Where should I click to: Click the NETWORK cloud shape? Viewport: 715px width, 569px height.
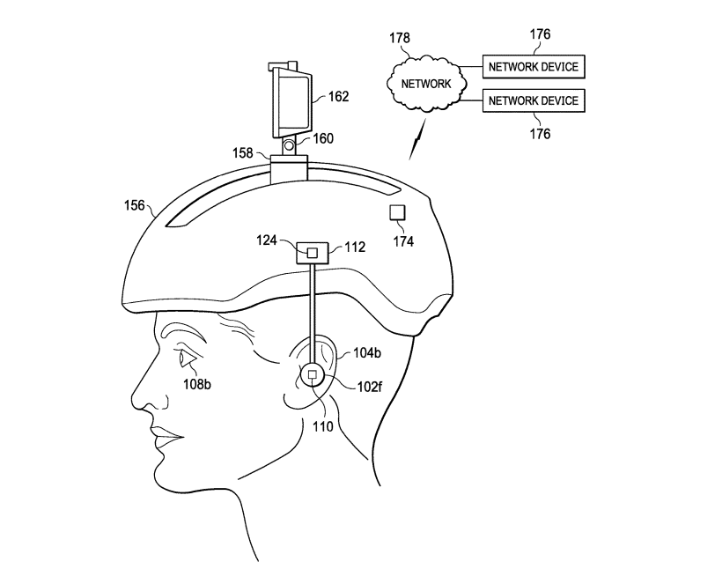tap(426, 84)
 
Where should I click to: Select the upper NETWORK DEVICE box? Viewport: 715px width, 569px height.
tap(534, 67)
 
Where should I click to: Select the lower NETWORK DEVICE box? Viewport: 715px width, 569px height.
tap(534, 100)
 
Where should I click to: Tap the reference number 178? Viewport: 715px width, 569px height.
tap(400, 38)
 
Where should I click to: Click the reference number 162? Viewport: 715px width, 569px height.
tap(338, 97)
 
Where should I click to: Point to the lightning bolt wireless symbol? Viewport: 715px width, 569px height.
tap(417, 139)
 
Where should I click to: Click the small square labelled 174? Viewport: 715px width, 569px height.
tap(397, 212)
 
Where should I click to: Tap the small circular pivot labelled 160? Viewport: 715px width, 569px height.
tap(288, 146)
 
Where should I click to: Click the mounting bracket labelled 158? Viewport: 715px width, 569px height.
tap(289, 170)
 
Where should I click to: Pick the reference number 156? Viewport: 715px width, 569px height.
tap(134, 206)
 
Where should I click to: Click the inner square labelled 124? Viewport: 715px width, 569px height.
tap(313, 253)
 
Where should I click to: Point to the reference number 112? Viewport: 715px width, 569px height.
tap(355, 247)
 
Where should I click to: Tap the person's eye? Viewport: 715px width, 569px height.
tap(188, 358)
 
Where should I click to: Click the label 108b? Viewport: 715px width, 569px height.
tap(197, 385)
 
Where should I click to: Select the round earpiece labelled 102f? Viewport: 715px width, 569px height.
tap(313, 374)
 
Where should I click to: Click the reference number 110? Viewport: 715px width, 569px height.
tap(323, 427)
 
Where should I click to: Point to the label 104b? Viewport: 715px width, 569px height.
tap(367, 353)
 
